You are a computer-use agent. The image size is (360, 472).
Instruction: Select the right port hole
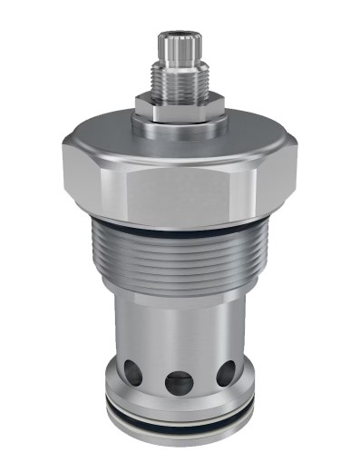226,370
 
